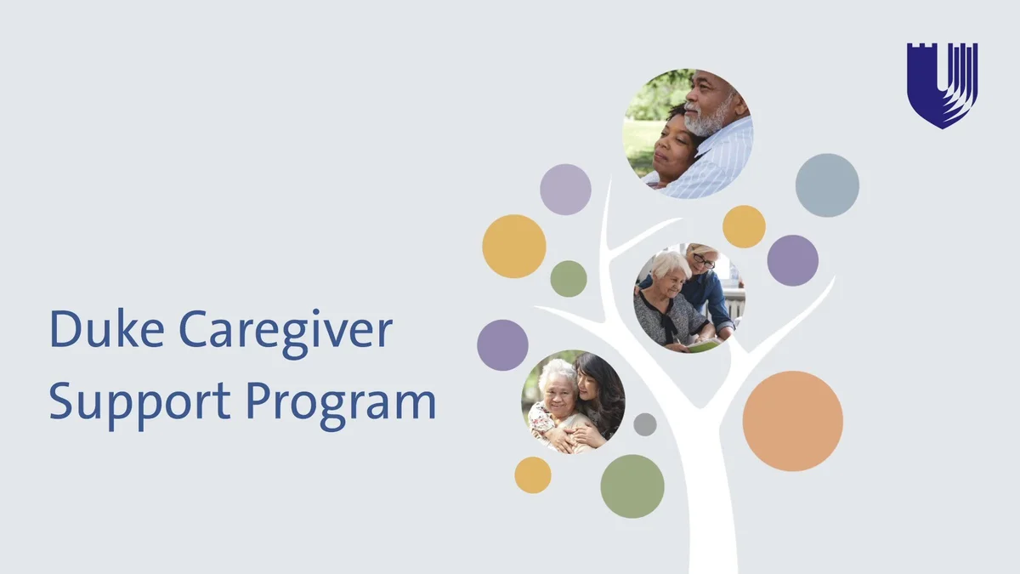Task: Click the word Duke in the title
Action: click(107, 328)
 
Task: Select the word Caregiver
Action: click(286, 333)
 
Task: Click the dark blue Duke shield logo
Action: click(942, 86)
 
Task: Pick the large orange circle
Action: click(793, 421)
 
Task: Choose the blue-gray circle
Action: click(827, 185)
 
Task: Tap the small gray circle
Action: click(645, 424)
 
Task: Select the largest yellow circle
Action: click(514, 247)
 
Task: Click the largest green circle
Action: click(632, 486)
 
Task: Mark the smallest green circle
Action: click(569, 279)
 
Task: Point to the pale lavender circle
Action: click(565, 190)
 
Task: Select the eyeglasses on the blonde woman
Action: click(704, 262)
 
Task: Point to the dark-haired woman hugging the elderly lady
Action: click(598, 396)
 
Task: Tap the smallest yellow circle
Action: click(533, 475)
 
